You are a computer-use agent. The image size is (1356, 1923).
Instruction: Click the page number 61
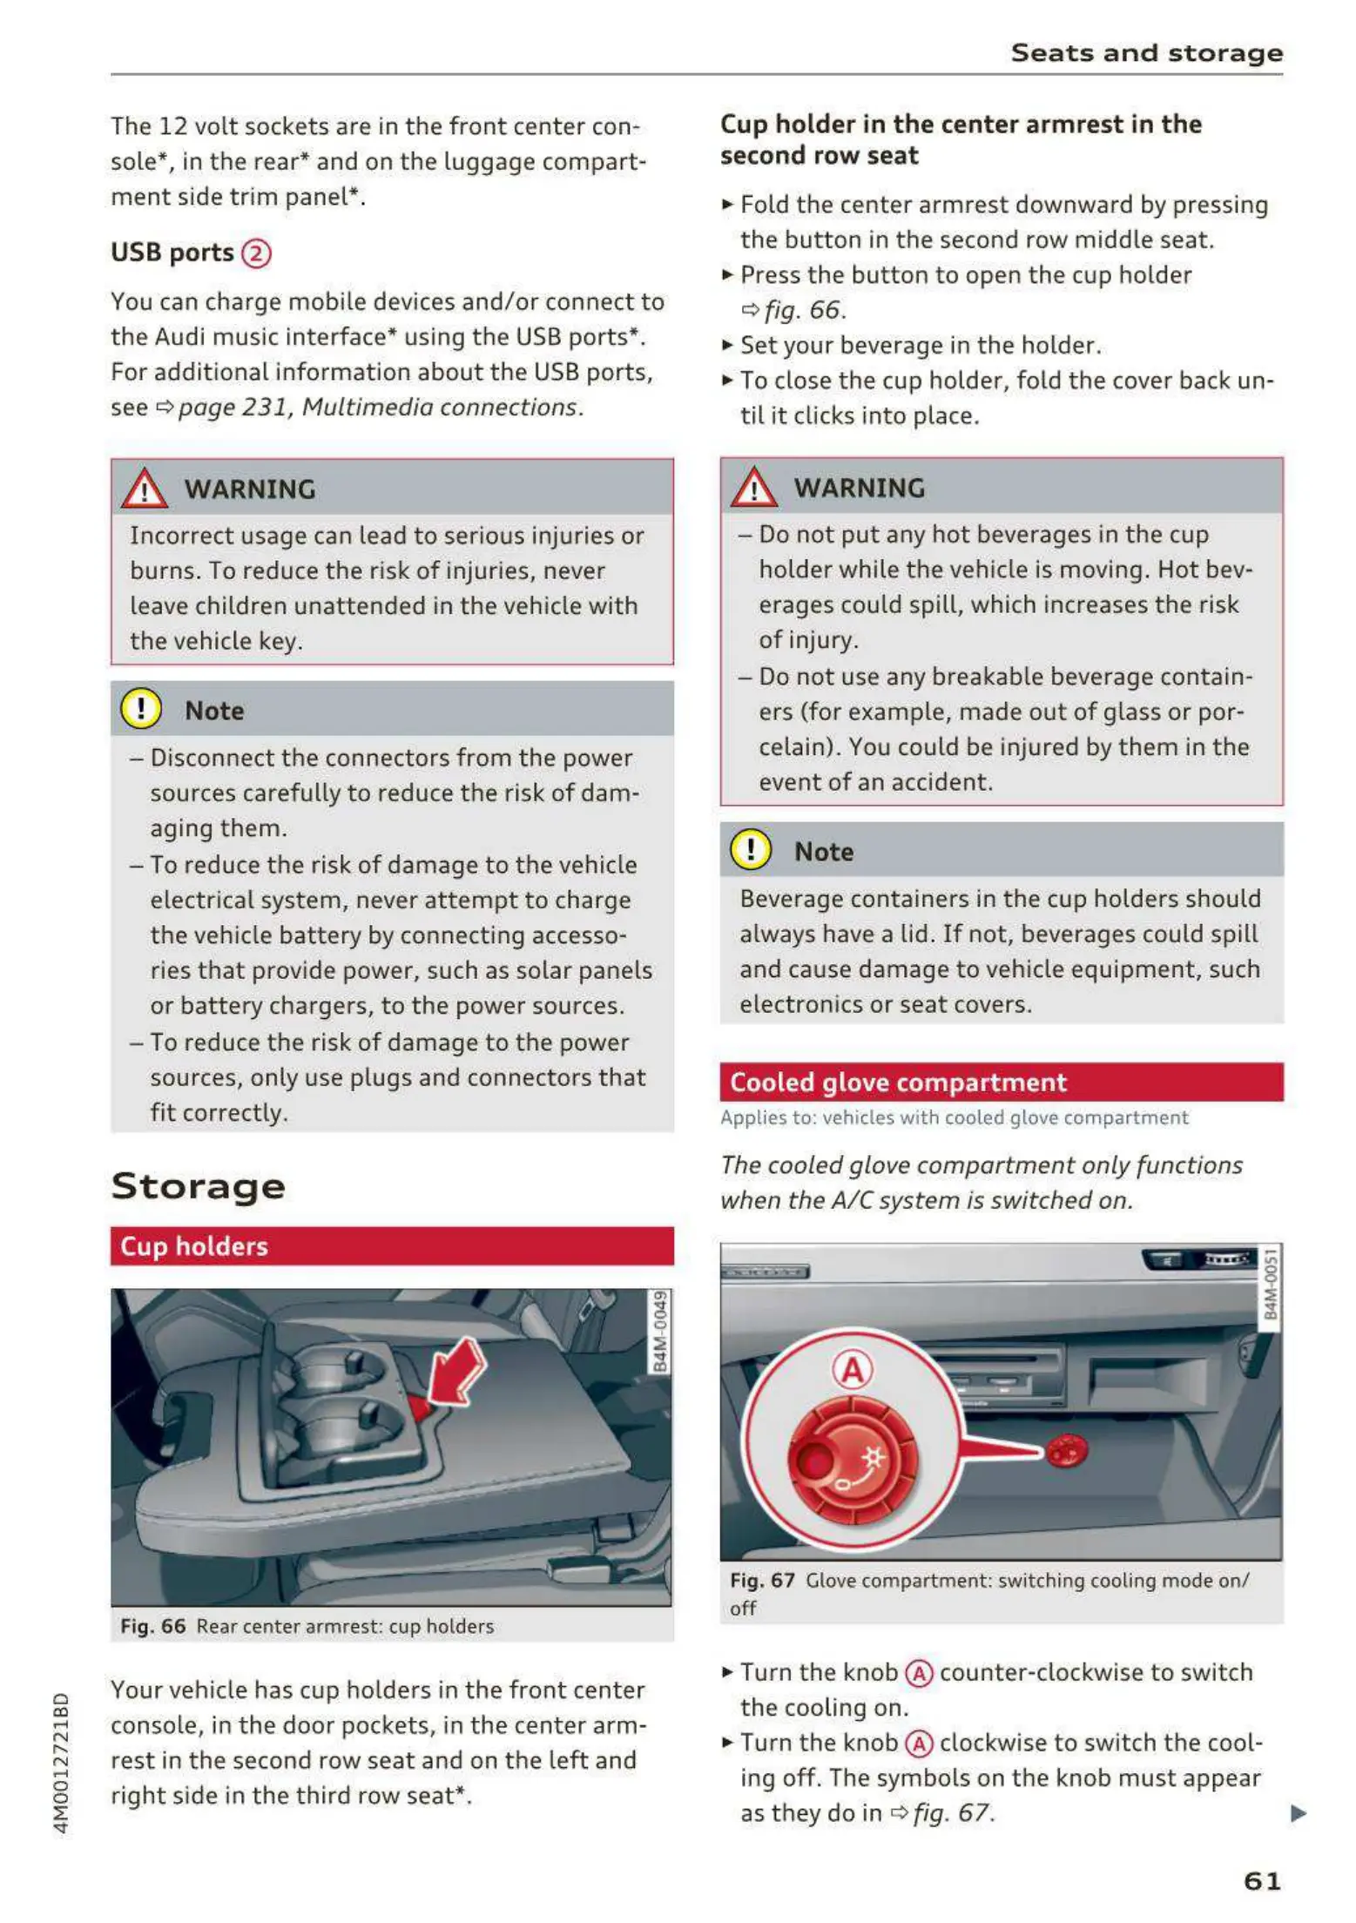1262,1880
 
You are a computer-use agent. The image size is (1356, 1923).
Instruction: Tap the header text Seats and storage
1146,53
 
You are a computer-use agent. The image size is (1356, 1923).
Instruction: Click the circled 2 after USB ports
256,253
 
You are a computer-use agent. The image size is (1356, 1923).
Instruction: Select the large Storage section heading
198,1186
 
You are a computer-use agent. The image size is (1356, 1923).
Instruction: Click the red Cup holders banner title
194,1246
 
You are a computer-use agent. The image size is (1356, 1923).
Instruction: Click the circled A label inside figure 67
852,1370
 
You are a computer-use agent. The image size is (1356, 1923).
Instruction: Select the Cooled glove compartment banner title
898,1083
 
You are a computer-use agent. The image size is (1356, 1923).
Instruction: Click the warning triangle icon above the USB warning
144,489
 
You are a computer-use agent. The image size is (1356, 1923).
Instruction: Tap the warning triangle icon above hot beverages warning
753,487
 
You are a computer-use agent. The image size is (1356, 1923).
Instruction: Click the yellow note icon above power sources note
141,709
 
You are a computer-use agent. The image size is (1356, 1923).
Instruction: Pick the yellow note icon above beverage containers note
751,850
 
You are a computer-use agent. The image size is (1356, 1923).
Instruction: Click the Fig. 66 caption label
153,1626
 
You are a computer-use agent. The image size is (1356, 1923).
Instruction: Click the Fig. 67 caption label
762,1581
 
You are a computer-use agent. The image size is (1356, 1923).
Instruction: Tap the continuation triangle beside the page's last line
1298,1813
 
